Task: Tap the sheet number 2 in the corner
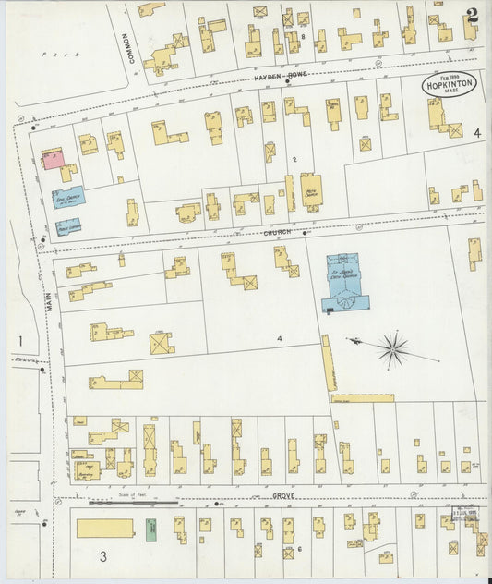click(x=472, y=15)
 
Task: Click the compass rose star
click(x=393, y=349)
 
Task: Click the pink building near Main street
click(x=52, y=159)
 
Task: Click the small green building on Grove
click(x=152, y=529)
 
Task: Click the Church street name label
click(x=277, y=233)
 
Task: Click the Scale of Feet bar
click(x=134, y=503)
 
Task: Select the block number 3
click(x=103, y=555)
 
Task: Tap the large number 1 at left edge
click(x=18, y=342)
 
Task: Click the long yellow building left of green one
click(x=104, y=528)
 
